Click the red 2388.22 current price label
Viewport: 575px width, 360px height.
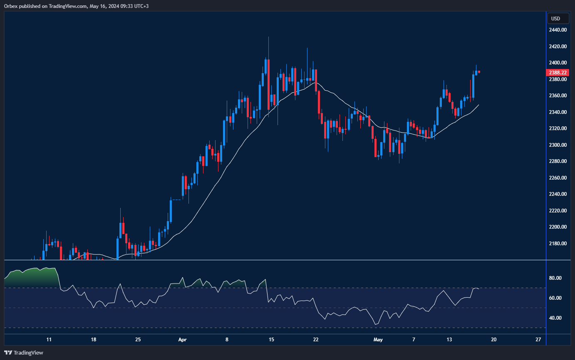point(558,72)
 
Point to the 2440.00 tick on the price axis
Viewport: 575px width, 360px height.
point(558,30)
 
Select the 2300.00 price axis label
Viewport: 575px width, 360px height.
point(558,145)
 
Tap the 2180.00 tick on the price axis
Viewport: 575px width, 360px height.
point(558,244)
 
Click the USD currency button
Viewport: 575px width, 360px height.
point(555,18)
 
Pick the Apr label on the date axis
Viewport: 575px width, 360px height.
point(182,340)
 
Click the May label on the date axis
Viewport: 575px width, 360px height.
point(378,340)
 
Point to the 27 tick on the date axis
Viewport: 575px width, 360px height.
point(538,340)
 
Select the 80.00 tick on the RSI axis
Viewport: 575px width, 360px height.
point(556,278)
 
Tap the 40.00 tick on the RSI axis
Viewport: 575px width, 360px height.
point(556,318)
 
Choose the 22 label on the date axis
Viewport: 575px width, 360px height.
point(316,340)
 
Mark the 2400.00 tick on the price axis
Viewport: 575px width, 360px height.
point(558,63)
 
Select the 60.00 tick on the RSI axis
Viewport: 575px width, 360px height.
point(556,298)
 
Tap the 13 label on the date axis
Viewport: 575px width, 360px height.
point(449,340)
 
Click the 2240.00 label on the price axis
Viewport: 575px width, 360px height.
point(558,194)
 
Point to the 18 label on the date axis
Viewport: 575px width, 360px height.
point(94,340)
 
